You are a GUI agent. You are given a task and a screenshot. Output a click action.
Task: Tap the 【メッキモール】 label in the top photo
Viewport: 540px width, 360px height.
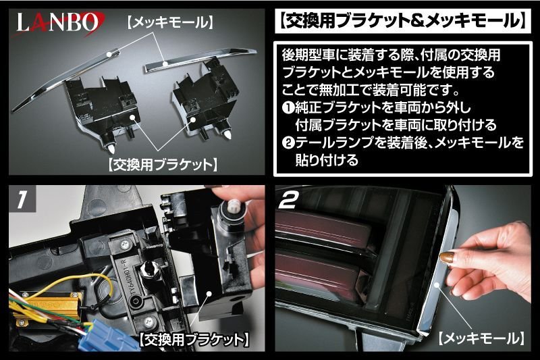coord(170,23)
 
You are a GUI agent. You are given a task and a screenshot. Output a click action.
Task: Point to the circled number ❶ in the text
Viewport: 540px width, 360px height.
coord(285,107)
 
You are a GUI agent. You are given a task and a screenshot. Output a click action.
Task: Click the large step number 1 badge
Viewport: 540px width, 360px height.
coord(23,200)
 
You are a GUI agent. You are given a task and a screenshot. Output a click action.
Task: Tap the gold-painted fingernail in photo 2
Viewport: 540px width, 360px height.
coord(447,258)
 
